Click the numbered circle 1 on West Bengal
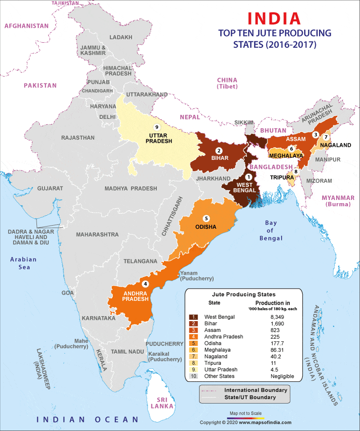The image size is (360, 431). coord(248,177)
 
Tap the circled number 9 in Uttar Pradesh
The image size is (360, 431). coord(157,127)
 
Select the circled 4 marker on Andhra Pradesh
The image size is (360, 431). coord(145,284)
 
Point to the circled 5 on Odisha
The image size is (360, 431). coord(206,218)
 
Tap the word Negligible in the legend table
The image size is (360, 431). coord(282,376)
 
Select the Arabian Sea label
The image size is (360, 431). coord(23,263)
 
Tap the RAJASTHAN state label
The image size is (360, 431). coord(78,137)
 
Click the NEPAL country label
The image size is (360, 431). coord(189,117)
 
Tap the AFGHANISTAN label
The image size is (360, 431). coord(27,26)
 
